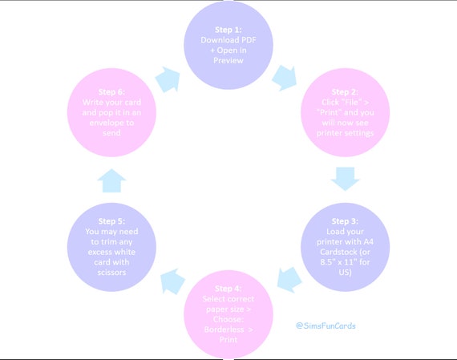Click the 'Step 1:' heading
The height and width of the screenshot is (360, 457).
228,30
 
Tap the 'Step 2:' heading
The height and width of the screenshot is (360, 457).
345,92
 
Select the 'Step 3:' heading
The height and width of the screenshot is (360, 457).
345,221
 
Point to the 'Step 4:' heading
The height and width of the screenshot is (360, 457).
228,289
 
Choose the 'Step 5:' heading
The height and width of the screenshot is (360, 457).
111,221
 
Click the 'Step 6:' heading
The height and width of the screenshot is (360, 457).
111,92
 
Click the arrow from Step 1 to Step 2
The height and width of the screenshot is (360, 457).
285,78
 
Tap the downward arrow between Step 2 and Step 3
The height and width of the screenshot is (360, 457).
346,179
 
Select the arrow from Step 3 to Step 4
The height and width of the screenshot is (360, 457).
289,280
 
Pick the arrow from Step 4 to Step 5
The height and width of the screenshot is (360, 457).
172,281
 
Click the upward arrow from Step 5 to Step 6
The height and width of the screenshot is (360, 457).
111,180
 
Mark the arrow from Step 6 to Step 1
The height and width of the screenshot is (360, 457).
168,79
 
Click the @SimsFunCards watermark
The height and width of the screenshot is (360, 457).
326,326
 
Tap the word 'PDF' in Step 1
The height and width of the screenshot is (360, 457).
248,40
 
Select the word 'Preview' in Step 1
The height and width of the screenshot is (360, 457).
228,60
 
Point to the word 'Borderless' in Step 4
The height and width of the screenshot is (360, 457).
224,330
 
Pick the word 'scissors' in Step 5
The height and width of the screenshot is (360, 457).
111,273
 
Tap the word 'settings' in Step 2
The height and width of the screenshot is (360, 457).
359,133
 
